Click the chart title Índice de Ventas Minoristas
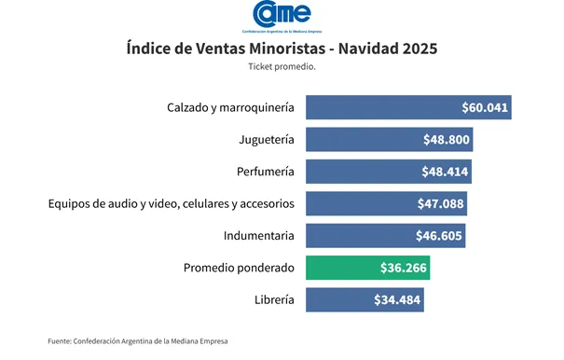[282, 48]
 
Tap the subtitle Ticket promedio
[282, 67]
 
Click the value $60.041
[485, 107]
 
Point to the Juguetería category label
[267, 140]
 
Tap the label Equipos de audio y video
[172, 203]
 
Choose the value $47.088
[441, 203]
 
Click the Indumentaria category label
[259, 236]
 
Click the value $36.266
[404, 268]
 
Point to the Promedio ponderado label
[239, 268]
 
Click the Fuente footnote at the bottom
[138, 341]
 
